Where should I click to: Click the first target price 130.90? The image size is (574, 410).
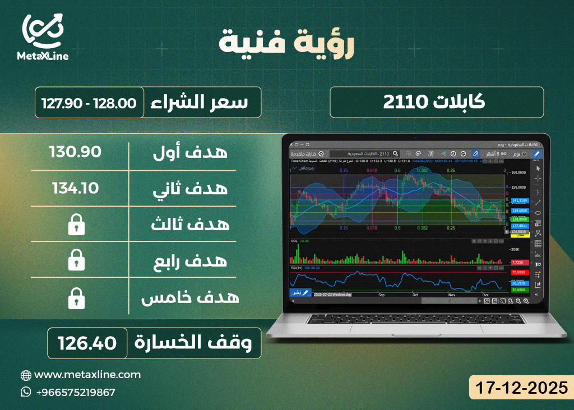tap(75, 151)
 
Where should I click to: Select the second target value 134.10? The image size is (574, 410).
tap(75, 188)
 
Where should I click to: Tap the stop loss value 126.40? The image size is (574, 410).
tap(86, 342)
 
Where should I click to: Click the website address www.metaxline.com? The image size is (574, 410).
tap(87, 375)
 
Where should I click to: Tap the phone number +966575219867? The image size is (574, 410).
tap(75, 392)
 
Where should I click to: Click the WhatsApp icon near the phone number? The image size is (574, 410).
tap(26, 392)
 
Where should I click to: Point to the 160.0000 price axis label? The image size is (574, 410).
tap(517, 173)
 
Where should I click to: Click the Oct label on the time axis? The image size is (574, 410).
tap(415, 294)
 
